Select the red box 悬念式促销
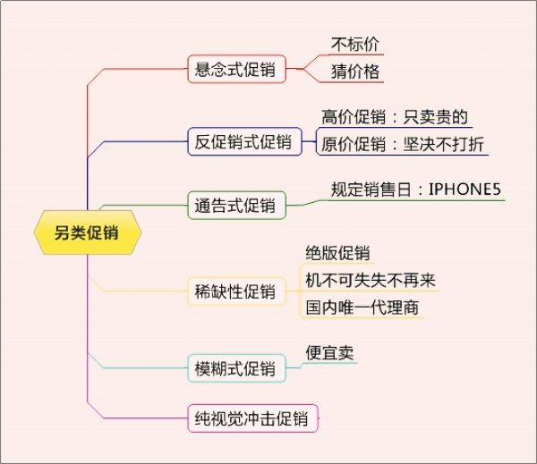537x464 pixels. coord(236,69)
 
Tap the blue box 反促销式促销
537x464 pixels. coord(243,141)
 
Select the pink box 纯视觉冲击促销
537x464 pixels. coord(251,418)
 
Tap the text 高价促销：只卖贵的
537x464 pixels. coord(395,117)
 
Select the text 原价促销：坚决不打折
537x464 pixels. coord(405,143)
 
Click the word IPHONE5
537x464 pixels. coord(465,190)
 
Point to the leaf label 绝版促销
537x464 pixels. coord(337,253)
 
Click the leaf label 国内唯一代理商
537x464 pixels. coord(362,308)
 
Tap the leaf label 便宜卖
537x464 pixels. coord(329,352)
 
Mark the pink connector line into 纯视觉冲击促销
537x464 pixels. coord(134,418)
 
